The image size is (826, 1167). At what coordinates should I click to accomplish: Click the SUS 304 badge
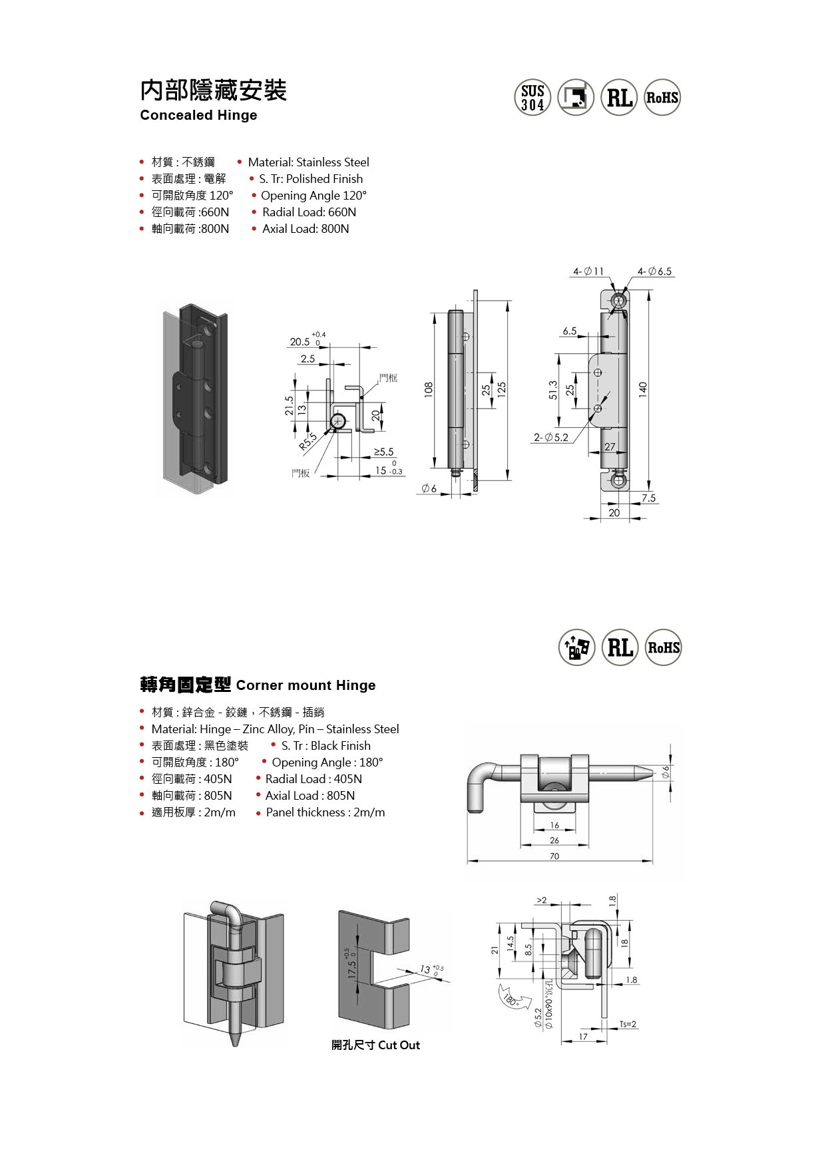coord(532,98)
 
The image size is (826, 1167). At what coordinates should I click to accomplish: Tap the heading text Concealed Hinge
coord(198,115)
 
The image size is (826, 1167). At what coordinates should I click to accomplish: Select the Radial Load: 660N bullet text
coord(309,212)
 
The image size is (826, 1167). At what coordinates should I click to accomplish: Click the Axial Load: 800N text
coord(306,229)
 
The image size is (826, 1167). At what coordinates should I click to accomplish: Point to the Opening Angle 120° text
coord(313,196)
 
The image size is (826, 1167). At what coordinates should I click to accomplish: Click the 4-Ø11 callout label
coord(588,271)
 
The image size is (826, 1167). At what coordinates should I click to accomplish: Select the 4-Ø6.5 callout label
coord(654,271)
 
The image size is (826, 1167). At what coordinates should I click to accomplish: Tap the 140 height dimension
coord(643,390)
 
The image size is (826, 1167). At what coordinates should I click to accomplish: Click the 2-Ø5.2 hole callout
coord(550,437)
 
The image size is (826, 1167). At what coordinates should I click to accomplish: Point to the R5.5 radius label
coord(308,442)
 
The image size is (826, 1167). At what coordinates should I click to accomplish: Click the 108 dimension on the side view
coord(428,390)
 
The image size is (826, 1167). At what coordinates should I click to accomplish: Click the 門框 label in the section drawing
coord(388,378)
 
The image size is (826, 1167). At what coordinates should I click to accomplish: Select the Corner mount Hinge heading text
coord(306,685)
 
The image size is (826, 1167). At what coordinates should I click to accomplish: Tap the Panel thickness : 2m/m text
coord(325,812)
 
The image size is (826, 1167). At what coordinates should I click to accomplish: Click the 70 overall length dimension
coord(554,856)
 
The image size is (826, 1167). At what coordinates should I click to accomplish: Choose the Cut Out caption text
coord(399,1045)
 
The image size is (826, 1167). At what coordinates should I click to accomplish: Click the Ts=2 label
coord(628,1025)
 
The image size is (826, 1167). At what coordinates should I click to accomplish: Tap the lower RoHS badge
coord(664,647)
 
